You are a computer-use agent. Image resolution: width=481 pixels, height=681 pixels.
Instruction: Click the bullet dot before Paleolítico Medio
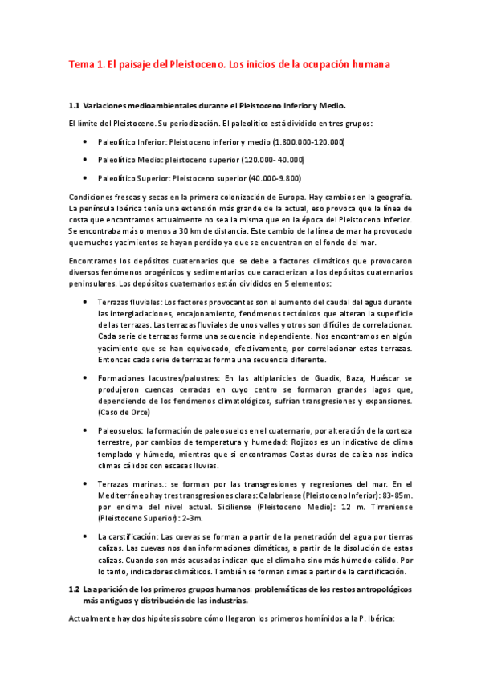point(85,160)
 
